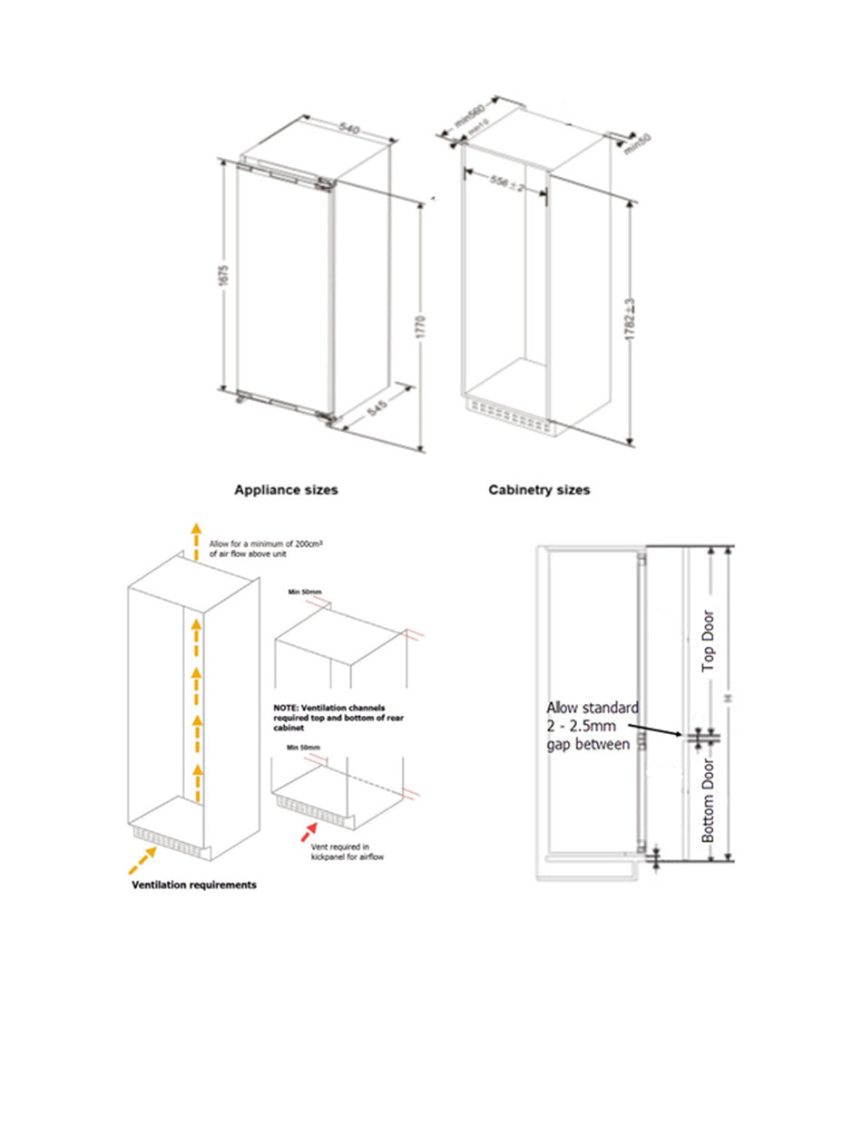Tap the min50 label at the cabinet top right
(x=639, y=143)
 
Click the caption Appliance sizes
(x=286, y=490)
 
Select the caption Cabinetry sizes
(x=539, y=490)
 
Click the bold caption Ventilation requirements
(x=194, y=885)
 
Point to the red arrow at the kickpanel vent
(x=311, y=827)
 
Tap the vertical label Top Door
(x=709, y=641)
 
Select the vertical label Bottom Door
(x=709, y=805)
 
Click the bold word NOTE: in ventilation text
(x=286, y=705)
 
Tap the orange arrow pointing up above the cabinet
(x=192, y=541)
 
